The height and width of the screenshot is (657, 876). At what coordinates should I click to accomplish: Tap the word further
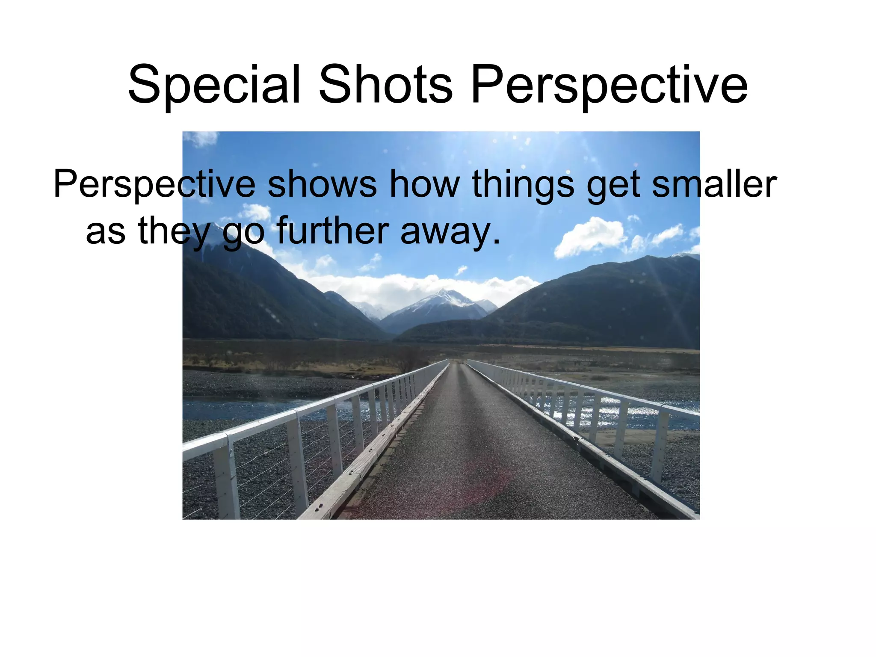pyautogui.click(x=332, y=231)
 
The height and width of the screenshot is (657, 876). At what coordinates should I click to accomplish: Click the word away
pyautogui.click(x=449, y=231)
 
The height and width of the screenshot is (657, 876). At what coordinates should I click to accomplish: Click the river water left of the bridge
pyautogui.click(x=240, y=406)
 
